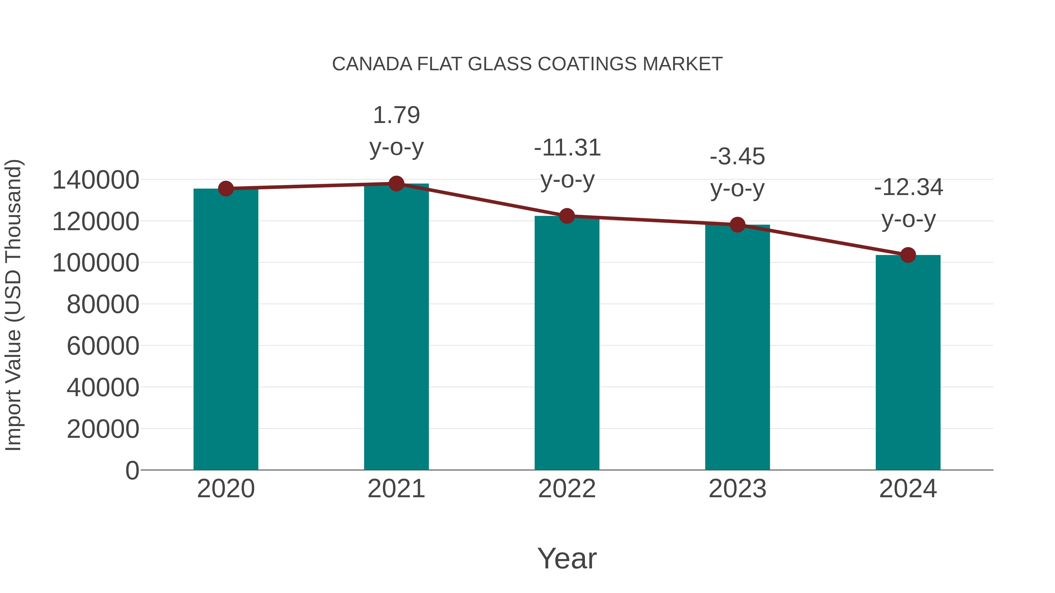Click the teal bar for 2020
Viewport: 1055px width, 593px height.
click(x=226, y=329)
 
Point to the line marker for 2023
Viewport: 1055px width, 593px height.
click(x=738, y=225)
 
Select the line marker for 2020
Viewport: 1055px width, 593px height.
click(x=226, y=189)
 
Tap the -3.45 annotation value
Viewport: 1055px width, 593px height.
click(x=737, y=157)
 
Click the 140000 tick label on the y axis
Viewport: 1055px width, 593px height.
click(x=96, y=180)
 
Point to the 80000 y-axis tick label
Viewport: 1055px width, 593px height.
click(x=103, y=305)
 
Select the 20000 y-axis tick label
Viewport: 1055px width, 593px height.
click(x=103, y=429)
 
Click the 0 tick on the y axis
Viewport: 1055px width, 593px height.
click(x=132, y=471)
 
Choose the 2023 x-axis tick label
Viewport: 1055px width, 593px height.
click(x=738, y=489)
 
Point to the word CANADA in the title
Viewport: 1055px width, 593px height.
click(x=372, y=64)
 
